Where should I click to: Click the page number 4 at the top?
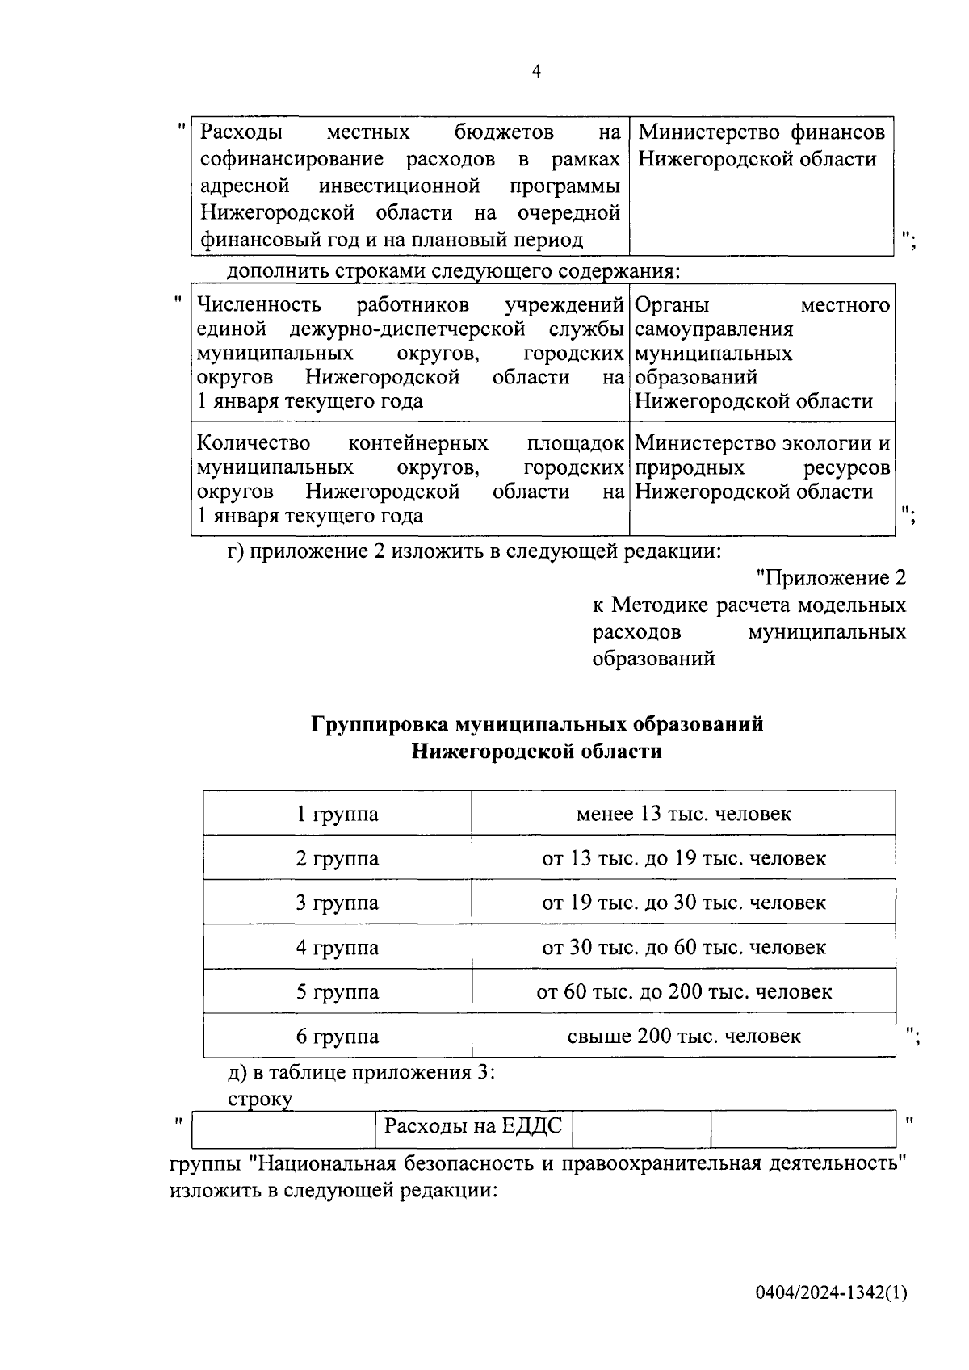click(x=537, y=73)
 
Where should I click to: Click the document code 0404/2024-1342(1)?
click(x=831, y=1292)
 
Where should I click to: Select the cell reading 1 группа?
click(x=337, y=814)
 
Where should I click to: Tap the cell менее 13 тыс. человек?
click(x=683, y=814)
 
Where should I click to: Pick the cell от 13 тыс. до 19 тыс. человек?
click(x=683, y=858)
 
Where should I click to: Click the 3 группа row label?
click(x=337, y=903)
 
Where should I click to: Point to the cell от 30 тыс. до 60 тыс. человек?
click(x=683, y=947)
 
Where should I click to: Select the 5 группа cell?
click(x=337, y=991)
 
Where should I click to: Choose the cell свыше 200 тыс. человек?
click(x=683, y=1036)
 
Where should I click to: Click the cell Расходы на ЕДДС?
click(x=473, y=1125)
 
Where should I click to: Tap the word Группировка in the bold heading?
click(x=379, y=724)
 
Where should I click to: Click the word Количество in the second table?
click(x=254, y=444)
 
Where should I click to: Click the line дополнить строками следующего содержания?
click(x=453, y=271)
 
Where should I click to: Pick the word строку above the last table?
click(x=260, y=1098)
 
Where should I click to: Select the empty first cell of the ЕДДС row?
click(x=283, y=1129)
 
